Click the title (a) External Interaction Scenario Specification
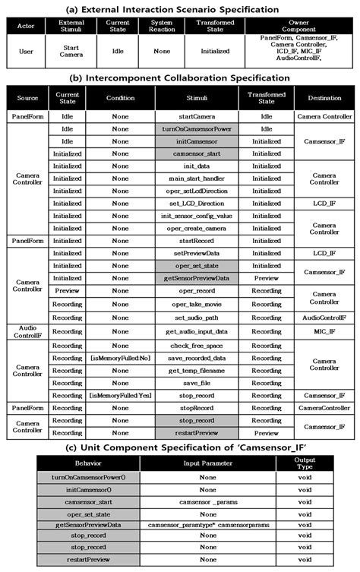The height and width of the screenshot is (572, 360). (180, 8)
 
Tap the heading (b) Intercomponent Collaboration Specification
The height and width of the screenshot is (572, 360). (180, 77)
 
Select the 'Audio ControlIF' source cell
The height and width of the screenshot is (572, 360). (24, 331)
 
